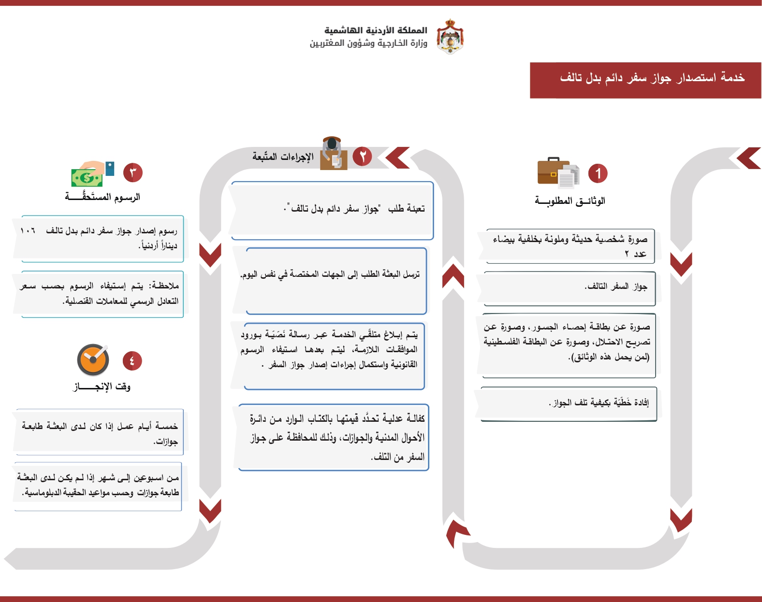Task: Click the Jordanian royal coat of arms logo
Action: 450,36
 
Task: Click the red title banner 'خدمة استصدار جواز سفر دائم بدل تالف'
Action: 645,80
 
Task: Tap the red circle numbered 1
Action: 598,173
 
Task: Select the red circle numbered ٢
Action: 362,156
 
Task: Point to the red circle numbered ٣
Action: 133,172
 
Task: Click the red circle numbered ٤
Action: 132,360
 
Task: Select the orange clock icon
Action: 93,360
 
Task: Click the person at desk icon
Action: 333,153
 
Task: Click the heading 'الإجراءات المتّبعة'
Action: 283,157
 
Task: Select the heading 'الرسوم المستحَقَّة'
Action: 103,197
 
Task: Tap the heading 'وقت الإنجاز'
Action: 102,387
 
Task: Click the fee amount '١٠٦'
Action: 28,231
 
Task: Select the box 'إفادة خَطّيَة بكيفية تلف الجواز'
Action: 569,403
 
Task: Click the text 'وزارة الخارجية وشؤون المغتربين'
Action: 368,43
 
